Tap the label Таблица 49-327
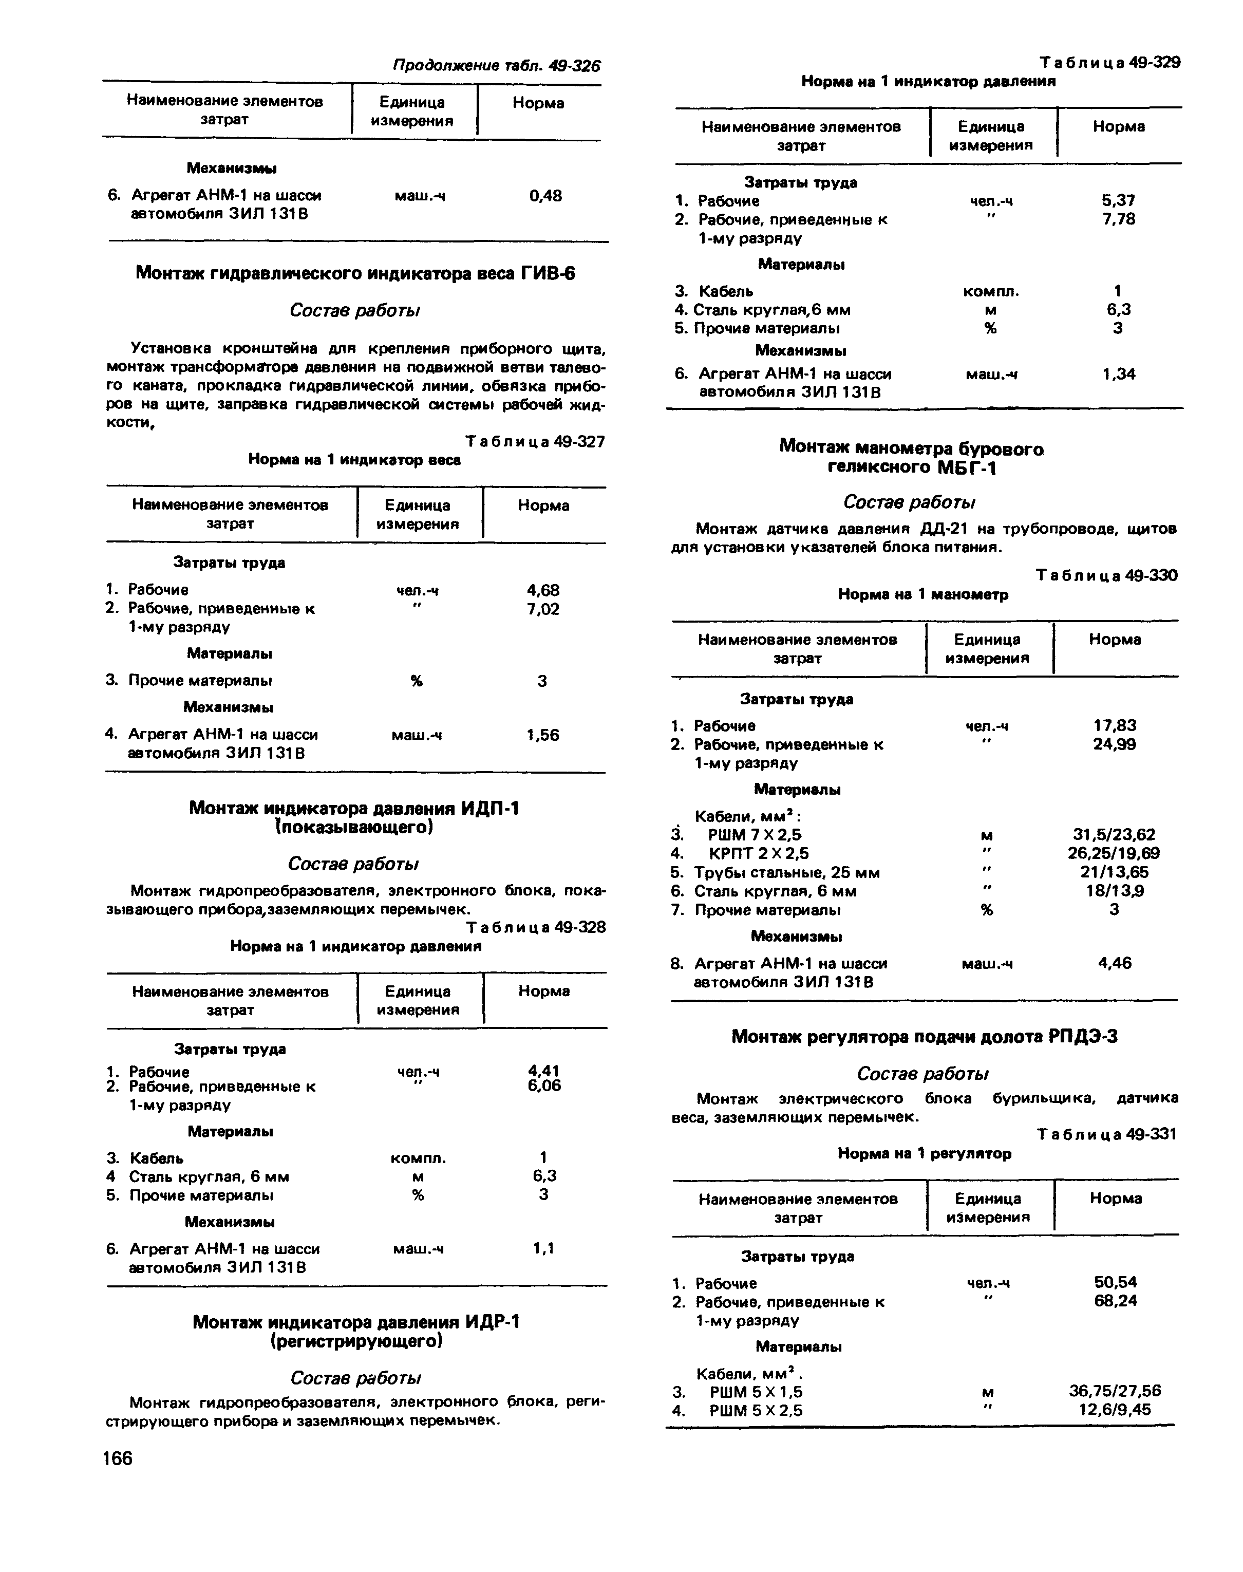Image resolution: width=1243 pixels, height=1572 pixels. (535, 442)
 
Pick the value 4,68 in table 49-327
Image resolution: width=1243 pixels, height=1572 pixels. (543, 590)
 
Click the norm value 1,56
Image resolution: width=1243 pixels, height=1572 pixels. (543, 735)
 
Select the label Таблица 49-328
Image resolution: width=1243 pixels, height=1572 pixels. (536, 927)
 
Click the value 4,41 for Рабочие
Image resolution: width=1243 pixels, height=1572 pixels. (543, 1071)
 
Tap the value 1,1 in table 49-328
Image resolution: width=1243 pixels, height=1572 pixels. (543, 1248)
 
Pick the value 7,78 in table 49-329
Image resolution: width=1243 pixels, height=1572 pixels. (1119, 219)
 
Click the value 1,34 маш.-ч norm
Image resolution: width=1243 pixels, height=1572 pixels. (1119, 374)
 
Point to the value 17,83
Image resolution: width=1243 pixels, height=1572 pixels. (1114, 725)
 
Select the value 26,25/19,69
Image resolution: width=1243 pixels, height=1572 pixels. (1114, 853)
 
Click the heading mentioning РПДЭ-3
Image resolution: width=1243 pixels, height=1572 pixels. (924, 1036)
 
